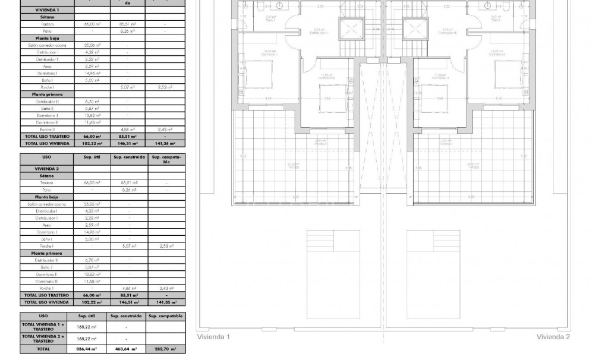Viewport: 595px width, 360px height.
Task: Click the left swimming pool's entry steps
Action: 333,242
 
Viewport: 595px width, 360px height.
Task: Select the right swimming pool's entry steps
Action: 434,242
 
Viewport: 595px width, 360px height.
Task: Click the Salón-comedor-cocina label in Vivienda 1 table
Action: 46,45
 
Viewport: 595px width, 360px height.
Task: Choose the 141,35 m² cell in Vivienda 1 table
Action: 165,143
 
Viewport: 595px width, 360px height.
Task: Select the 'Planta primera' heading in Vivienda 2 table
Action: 46,253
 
